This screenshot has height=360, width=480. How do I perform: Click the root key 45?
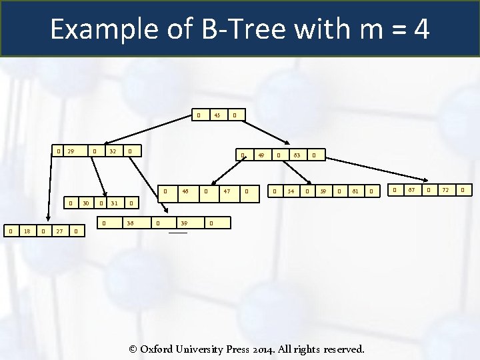click(216, 115)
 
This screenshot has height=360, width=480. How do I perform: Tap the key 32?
click(113, 151)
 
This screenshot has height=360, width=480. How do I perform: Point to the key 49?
click(261, 155)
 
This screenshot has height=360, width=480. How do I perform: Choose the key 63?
click(297, 155)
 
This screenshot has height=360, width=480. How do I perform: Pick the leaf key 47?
click(227, 192)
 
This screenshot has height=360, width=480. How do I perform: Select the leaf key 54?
click(291, 192)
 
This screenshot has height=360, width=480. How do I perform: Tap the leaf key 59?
click(323, 192)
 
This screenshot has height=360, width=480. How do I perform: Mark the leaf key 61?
click(356, 192)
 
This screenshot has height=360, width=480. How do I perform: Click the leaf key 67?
click(411, 191)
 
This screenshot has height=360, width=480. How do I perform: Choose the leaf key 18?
click(27, 231)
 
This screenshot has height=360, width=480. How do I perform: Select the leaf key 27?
click(59, 231)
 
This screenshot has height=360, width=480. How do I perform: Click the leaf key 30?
click(86, 203)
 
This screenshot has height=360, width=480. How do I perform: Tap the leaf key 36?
click(131, 223)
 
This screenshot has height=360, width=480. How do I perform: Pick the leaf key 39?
click(184, 223)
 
